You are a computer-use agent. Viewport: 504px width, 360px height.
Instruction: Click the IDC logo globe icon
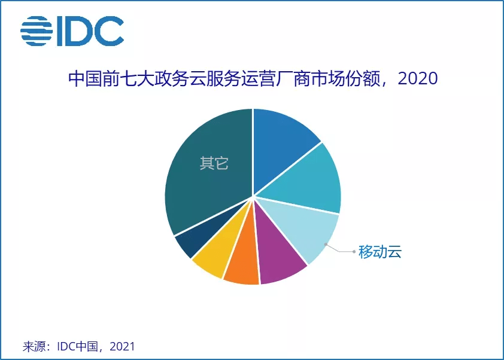[37, 31]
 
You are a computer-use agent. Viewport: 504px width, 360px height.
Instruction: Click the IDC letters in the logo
[90, 31]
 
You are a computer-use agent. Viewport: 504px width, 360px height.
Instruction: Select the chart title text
[253, 79]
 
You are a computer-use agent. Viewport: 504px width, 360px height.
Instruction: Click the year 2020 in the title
[418, 79]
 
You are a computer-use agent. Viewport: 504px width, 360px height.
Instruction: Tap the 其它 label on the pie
[214, 163]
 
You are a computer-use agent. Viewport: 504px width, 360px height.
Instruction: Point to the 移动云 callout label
[380, 252]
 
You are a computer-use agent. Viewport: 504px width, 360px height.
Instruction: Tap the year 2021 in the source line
[122, 346]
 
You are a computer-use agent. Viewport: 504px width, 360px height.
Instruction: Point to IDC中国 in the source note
[77, 346]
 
